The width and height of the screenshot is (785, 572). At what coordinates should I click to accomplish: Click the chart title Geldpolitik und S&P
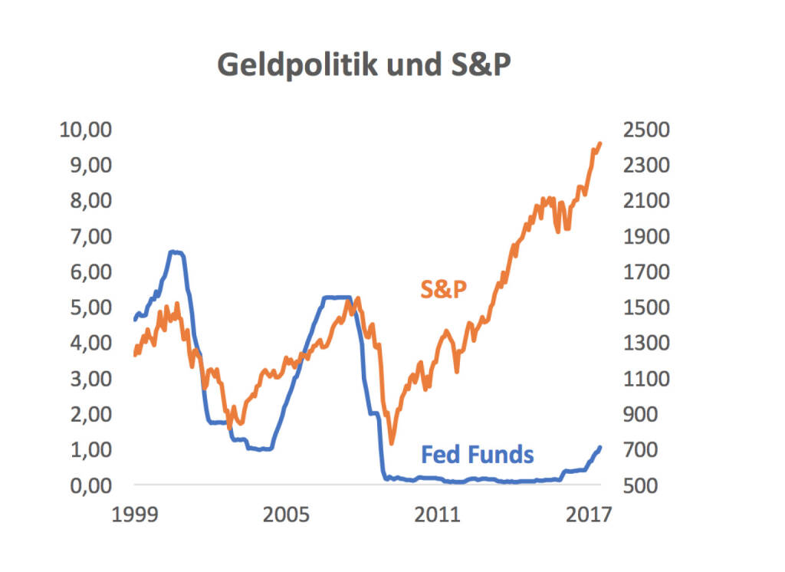tap(363, 66)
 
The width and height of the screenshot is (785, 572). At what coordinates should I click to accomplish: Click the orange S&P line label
tap(444, 289)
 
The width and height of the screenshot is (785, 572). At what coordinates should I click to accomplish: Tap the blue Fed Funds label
tap(477, 454)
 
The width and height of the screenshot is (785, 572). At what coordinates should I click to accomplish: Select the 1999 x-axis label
tap(134, 514)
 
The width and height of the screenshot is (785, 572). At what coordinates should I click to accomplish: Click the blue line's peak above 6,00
tap(176, 251)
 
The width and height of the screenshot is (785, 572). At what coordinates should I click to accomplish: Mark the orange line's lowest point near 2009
tap(392, 442)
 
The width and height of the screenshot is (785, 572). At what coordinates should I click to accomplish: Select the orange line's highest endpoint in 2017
tap(599, 143)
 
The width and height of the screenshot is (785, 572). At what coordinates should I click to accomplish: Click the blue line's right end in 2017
tap(599, 446)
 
